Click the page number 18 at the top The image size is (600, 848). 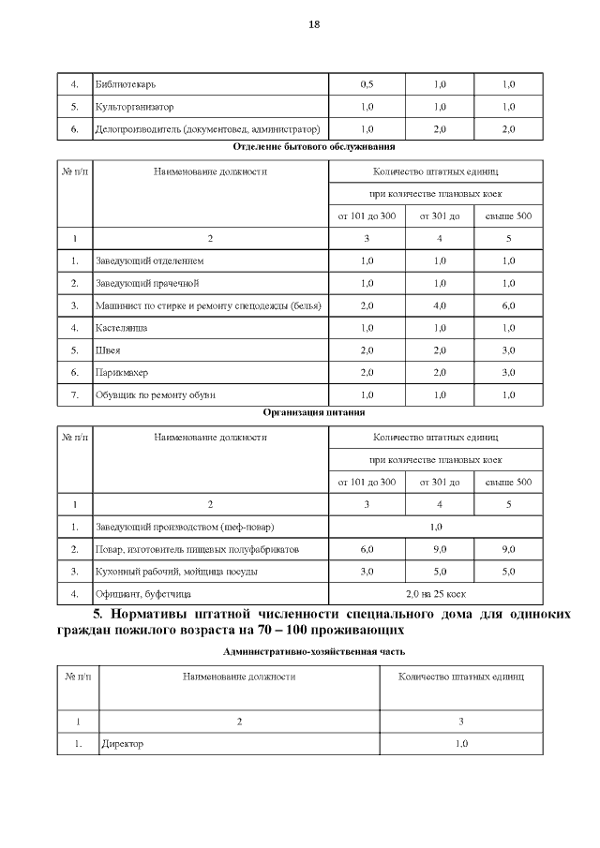[314, 24]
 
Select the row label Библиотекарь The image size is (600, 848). [124, 84]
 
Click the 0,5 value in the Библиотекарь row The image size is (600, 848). [367, 84]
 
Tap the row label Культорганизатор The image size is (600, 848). [135, 107]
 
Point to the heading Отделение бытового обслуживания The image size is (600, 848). [314, 147]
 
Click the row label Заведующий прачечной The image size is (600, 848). [147, 282]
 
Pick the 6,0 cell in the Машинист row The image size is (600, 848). [508, 305]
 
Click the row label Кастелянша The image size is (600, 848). [122, 328]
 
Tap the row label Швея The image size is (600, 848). [108, 350]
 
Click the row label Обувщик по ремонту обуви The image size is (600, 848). [156, 394]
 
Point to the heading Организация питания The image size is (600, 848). [314, 411]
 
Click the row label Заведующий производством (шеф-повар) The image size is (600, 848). [185, 526]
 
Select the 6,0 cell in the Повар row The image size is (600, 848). [367, 548]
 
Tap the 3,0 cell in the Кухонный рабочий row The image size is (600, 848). [367, 571]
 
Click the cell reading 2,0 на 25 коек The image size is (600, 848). [435, 593]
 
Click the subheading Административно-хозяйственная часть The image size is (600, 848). [314, 650]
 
